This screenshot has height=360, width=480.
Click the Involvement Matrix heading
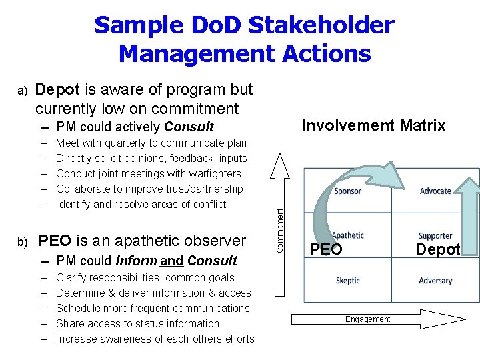click(x=373, y=125)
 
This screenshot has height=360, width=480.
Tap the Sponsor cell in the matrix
click(x=347, y=191)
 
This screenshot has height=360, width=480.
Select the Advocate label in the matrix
click(x=435, y=191)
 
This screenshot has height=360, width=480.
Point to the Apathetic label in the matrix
click(x=348, y=235)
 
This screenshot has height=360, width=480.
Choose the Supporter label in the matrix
click(x=435, y=236)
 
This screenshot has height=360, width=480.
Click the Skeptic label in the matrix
click(x=349, y=281)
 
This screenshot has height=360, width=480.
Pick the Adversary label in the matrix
click(x=435, y=281)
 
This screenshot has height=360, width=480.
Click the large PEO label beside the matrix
click(x=327, y=250)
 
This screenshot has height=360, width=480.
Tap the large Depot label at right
click(x=437, y=249)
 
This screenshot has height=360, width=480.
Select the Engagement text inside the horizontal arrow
click(x=367, y=319)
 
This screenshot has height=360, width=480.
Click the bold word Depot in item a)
click(x=55, y=89)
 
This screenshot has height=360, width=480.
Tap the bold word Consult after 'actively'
click(x=189, y=127)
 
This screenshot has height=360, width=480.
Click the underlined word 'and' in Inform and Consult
click(x=171, y=261)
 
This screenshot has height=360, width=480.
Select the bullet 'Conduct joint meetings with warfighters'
click(x=148, y=173)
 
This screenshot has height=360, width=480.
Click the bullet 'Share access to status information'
click(x=137, y=323)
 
